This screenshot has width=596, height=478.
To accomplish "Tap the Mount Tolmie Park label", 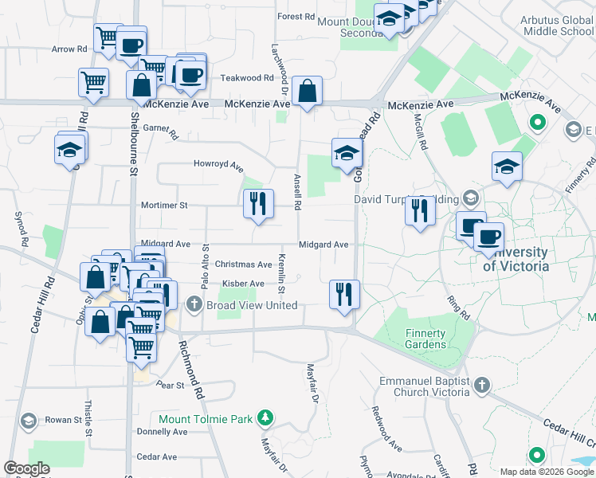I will (x=205, y=419).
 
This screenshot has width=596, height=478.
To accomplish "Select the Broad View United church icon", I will (x=194, y=304).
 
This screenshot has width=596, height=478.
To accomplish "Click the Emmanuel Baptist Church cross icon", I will (x=480, y=386).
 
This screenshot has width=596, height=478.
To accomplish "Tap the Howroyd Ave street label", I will (x=218, y=165).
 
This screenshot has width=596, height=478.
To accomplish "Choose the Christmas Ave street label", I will (x=244, y=264).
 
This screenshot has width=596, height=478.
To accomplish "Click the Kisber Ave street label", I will (x=243, y=284).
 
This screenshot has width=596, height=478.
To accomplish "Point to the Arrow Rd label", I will (x=69, y=49).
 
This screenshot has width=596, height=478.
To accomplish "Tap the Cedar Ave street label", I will (x=157, y=456).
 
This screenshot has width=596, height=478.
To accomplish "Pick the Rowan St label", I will (x=59, y=420).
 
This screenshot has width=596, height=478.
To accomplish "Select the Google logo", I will (x=26, y=468).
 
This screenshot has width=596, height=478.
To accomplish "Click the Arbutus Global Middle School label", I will (x=557, y=25).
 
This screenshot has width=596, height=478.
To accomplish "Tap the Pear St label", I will (x=171, y=385).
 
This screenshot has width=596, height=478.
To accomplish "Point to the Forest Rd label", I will (x=296, y=17).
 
